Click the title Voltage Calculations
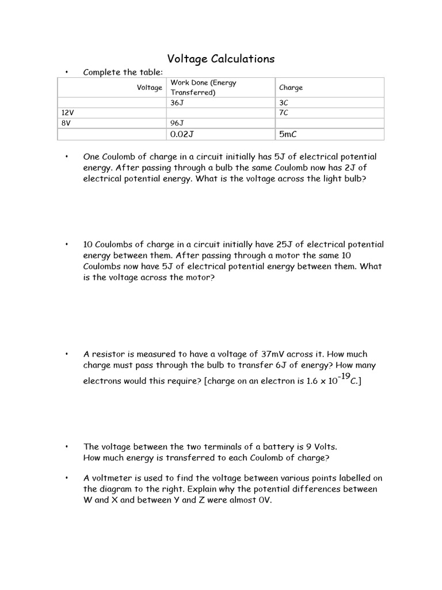point(220,59)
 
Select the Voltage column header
point(149,88)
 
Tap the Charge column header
point(291,88)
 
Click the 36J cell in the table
point(177,103)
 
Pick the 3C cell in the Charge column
point(283,103)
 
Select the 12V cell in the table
point(67,113)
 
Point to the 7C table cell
point(283,113)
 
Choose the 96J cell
point(177,123)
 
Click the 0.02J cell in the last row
point(182,134)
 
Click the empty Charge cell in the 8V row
point(329,123)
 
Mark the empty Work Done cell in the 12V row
point(221,113)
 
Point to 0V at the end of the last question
point(261,500)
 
